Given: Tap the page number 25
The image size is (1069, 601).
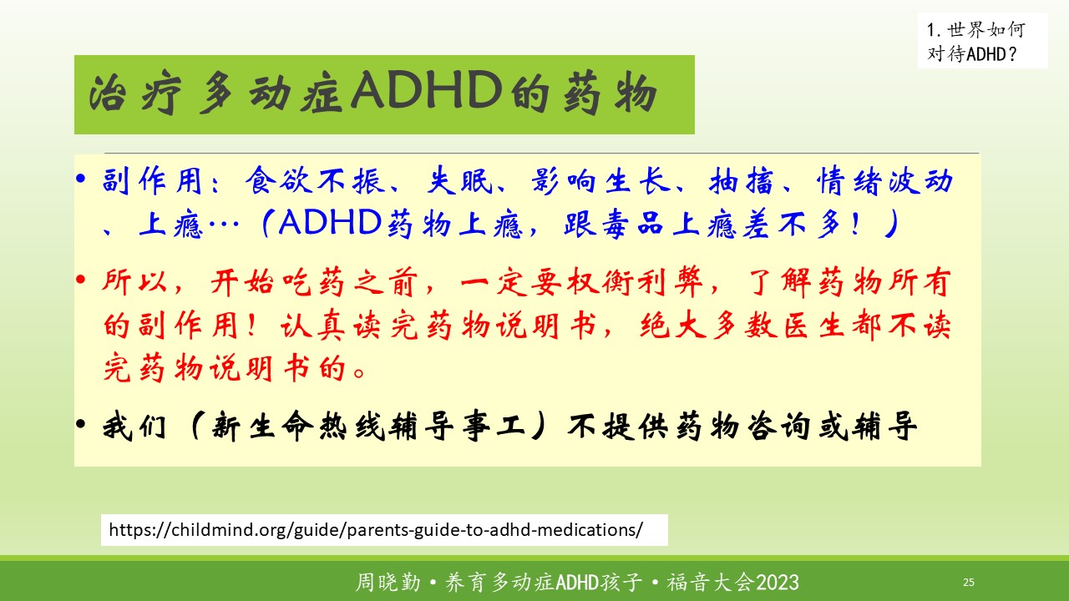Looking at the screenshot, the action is click(969, 582).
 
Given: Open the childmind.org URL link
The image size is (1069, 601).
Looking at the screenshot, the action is click(376, 530).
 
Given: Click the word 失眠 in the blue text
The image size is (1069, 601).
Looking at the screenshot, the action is click(459, 181).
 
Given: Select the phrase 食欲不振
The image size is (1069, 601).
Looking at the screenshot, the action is click(315, 181).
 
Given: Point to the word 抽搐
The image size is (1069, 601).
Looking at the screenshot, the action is click(741, 181).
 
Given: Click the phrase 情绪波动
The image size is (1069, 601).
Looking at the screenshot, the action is click(884, 181).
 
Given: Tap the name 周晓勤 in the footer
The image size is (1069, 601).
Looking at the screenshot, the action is click(388, 583).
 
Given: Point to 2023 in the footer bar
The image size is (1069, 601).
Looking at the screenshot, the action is click(778, 583).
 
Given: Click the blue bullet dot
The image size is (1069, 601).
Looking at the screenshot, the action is click(81, 179).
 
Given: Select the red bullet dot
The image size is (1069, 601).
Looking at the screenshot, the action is click(81, 280).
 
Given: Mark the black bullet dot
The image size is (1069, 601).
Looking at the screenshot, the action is click(81, 423).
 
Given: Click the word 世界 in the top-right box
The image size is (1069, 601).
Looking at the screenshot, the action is click(966, 30).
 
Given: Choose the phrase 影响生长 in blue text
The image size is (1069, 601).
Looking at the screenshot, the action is click(601, 181).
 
